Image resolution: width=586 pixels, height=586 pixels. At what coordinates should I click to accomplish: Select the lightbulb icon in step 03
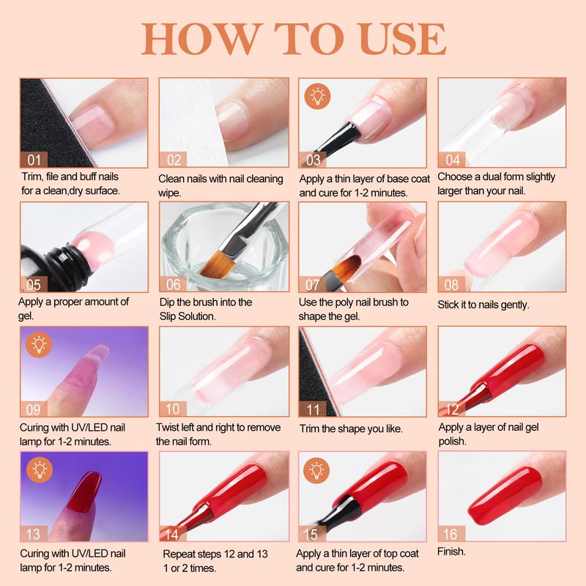pyautogui.click(x=316, y=95)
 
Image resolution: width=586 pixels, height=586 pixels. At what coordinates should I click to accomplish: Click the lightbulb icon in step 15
pyautogui.click(x=316, y=469)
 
